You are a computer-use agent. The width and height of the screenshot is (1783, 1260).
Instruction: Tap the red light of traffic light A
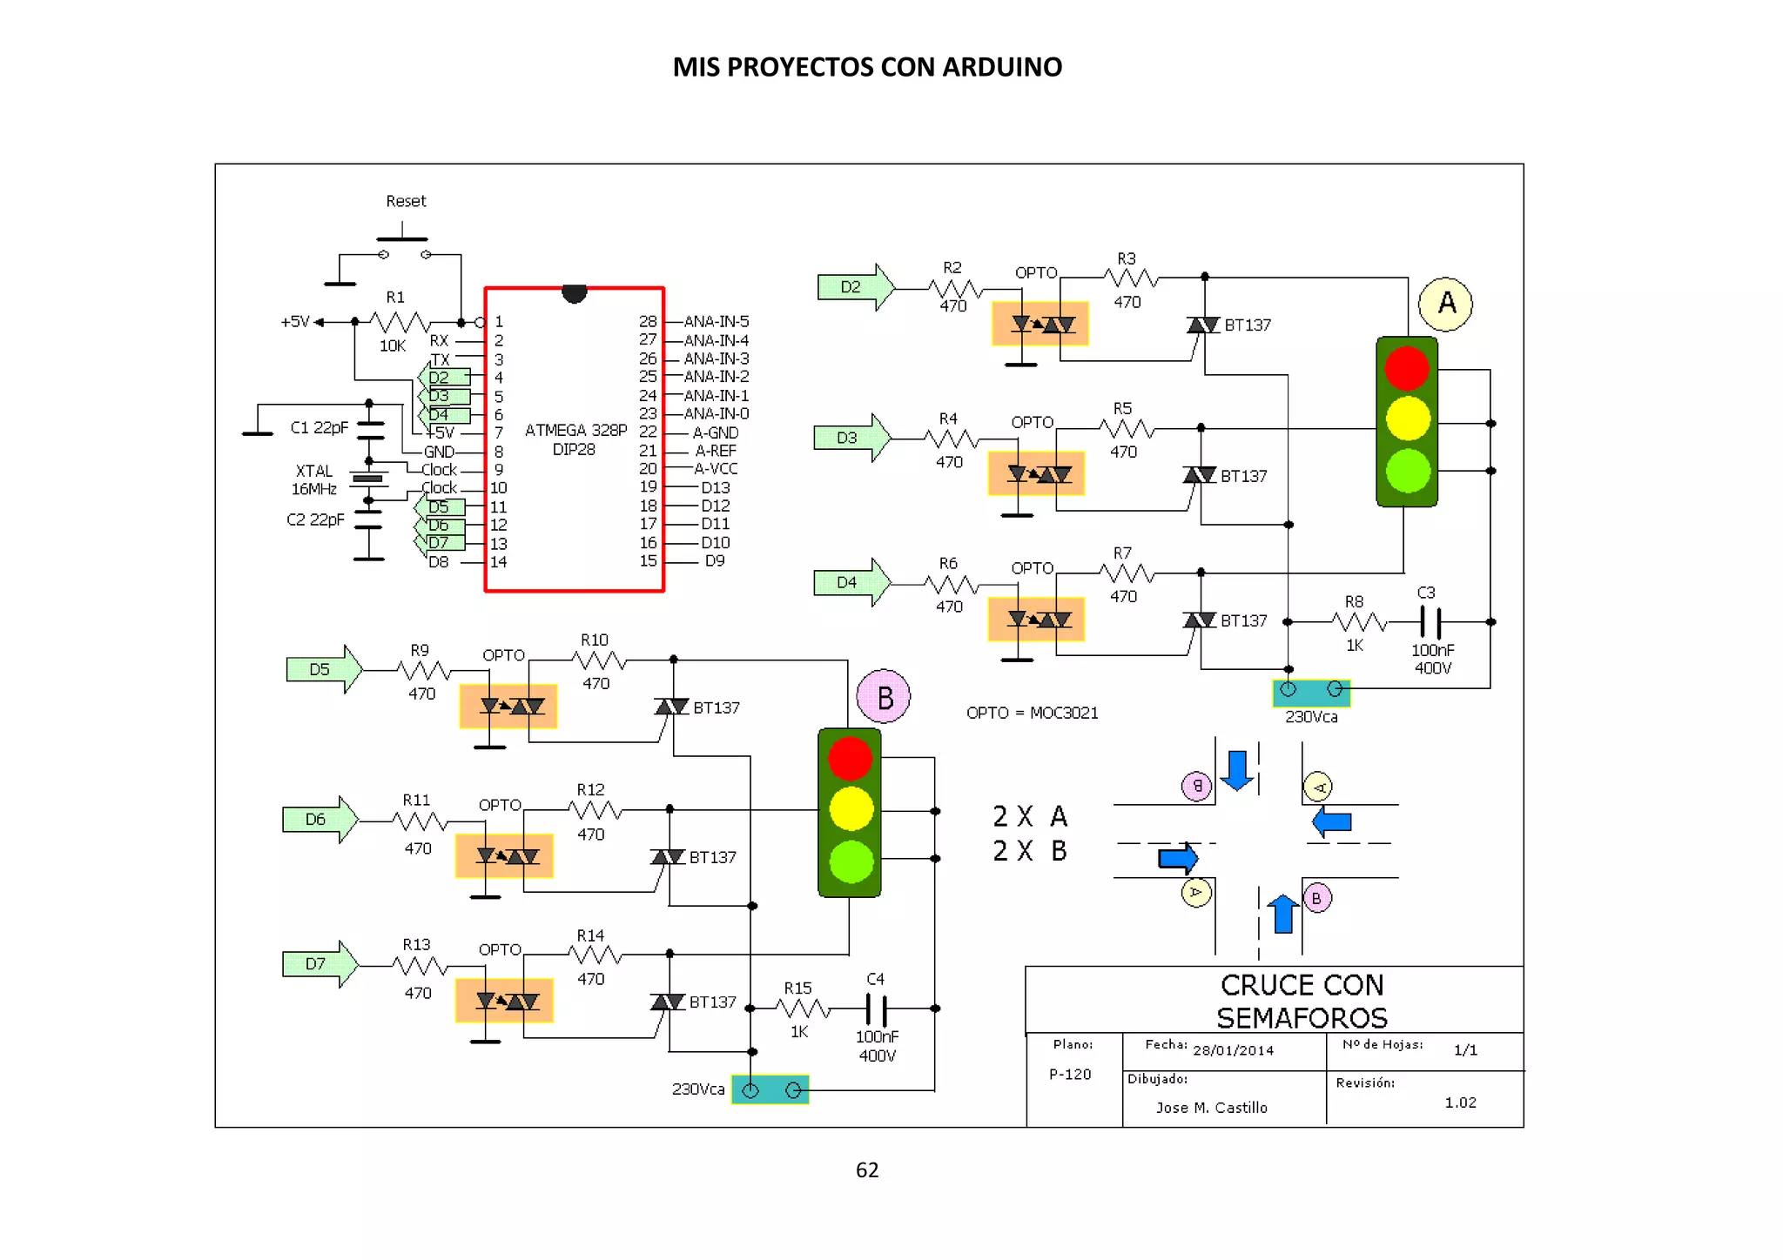pos(1406,367)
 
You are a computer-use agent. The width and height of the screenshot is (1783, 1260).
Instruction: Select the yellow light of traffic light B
pos(851,809)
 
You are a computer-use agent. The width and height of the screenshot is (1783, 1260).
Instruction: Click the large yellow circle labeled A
pos(1445,304)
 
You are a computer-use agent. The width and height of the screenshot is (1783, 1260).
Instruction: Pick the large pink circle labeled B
pos(884,697)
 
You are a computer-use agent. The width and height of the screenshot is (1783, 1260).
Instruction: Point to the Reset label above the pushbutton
pos(406,201)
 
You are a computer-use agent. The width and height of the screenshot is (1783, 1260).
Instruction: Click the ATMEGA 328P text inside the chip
pos(575,430)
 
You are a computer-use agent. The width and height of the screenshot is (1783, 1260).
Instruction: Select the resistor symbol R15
pos(802,1009)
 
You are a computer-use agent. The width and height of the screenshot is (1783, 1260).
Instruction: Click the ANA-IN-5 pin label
pos(716,321)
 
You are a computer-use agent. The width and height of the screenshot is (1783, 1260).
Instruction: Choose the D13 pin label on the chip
pos(715,487)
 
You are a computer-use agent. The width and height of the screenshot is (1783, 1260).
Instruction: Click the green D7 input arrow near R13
pos(320,964)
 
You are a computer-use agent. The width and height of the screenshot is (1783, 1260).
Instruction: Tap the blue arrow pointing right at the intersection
pos(1178,858)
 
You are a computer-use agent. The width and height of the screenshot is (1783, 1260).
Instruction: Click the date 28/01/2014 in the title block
pos(1233,1050)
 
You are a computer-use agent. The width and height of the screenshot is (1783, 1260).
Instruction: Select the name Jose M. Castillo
pos(1211,1108)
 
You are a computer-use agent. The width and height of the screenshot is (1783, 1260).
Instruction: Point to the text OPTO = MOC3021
pos(1032,713)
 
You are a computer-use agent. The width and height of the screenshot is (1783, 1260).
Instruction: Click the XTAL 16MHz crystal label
pos(314,480)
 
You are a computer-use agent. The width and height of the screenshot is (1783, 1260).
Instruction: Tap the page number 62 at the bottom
pos(867,1170)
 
